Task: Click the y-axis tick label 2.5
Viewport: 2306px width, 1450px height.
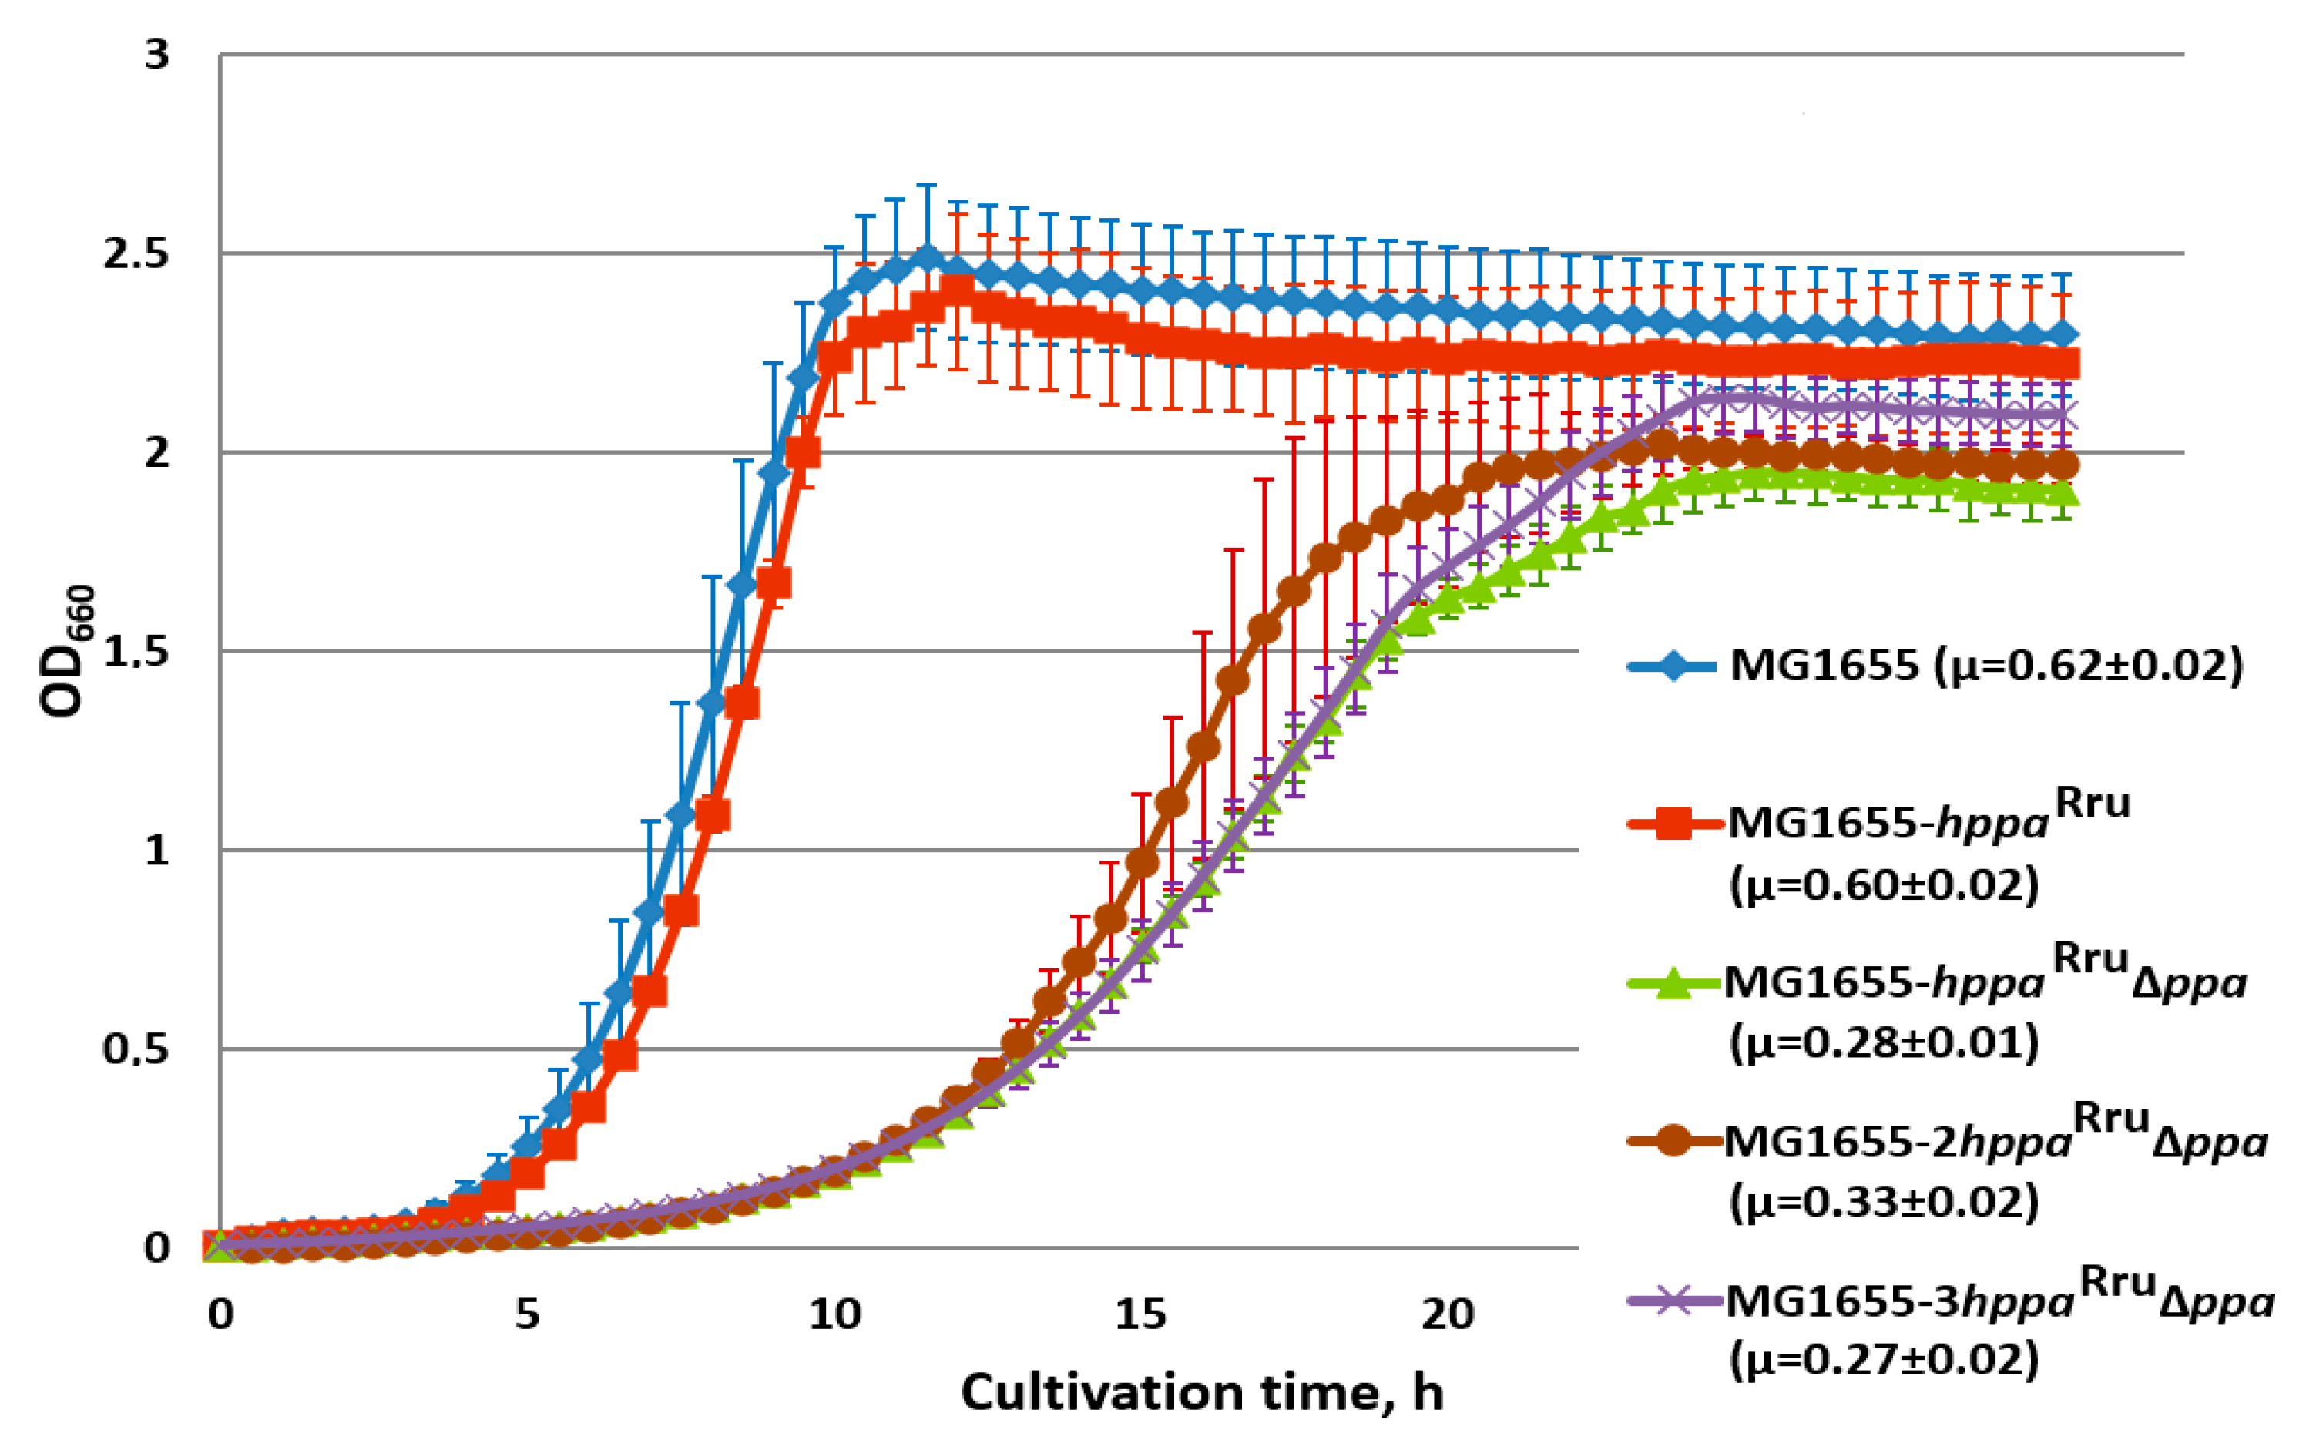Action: (x=135, y=253)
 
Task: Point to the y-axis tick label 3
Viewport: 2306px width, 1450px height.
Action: (x=156, y=55)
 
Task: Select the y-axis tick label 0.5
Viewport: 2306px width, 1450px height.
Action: (x=135, y=1049)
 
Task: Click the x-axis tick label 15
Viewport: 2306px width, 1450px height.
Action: (x=1140, y=1314)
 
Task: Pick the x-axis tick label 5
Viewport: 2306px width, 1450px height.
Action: (x=527, y=1314)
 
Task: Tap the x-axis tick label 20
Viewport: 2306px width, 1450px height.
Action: (x=1447, y=1314)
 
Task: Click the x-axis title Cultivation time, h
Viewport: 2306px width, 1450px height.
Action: (x=1201, y=1391)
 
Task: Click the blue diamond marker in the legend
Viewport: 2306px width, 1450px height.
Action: (x=1672, y=666)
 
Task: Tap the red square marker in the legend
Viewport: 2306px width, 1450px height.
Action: (x=1672, y=823)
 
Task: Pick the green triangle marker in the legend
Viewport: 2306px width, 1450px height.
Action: (x=1672, y=982)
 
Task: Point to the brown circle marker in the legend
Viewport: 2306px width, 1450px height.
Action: (x=1672, y=1140)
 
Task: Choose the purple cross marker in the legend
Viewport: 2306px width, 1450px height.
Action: (x=1672, y=1300)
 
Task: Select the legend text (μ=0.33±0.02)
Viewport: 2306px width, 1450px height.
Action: (x=1884, y=1201)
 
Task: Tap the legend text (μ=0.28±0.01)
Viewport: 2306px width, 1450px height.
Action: (x=1884, y=1042)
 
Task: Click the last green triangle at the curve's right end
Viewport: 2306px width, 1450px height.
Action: (x=2060, y=494)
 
